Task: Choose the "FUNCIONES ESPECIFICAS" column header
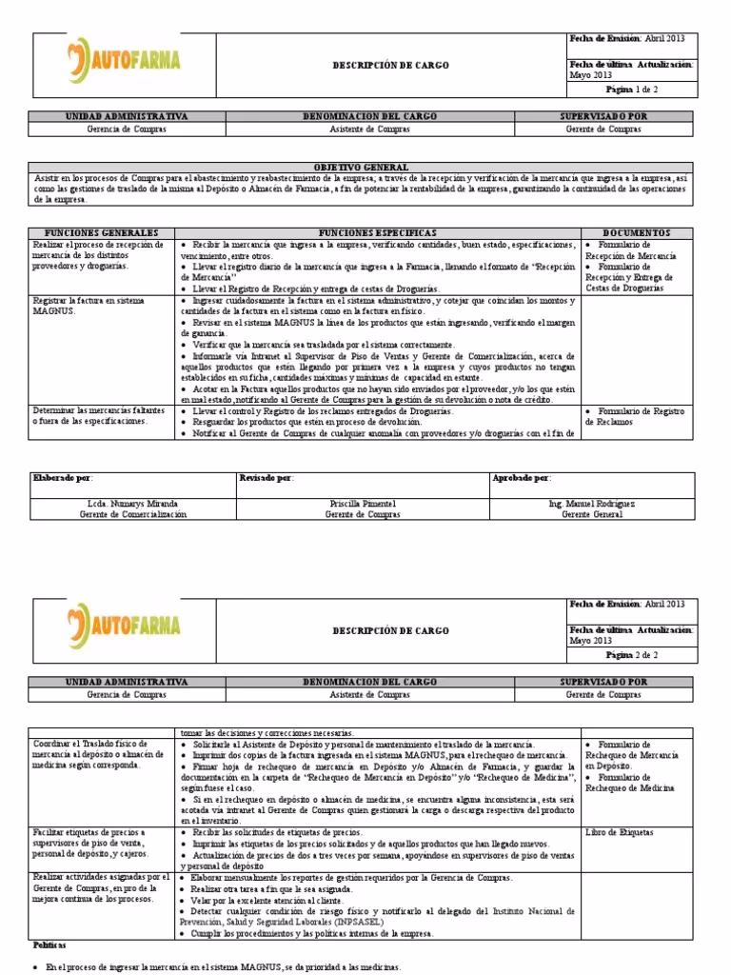pos(378,233)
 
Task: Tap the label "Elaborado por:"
pos(64,478)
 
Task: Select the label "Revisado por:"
pos(267,478)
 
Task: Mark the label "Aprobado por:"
pos(522,478)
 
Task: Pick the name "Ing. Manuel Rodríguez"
pos(592,502)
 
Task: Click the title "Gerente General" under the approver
pos(592,514)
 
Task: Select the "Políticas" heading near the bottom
pos(50,945)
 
